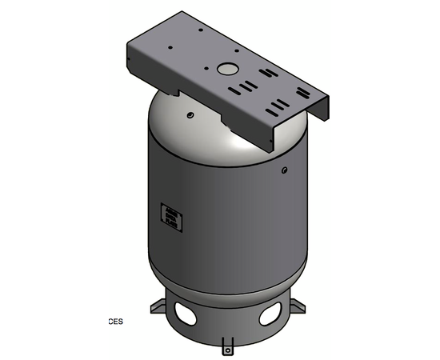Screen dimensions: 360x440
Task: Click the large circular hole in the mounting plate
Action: (x=229, y=69)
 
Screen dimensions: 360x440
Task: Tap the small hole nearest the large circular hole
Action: (x=211, y=67)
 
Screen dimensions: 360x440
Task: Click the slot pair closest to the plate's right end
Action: (x=279, y=106)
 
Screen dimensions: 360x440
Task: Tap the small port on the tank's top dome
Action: (x=190, y=115)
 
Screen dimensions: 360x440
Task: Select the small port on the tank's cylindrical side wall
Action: (x=284, y=170)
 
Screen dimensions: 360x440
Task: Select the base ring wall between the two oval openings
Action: (x=227, y=320)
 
